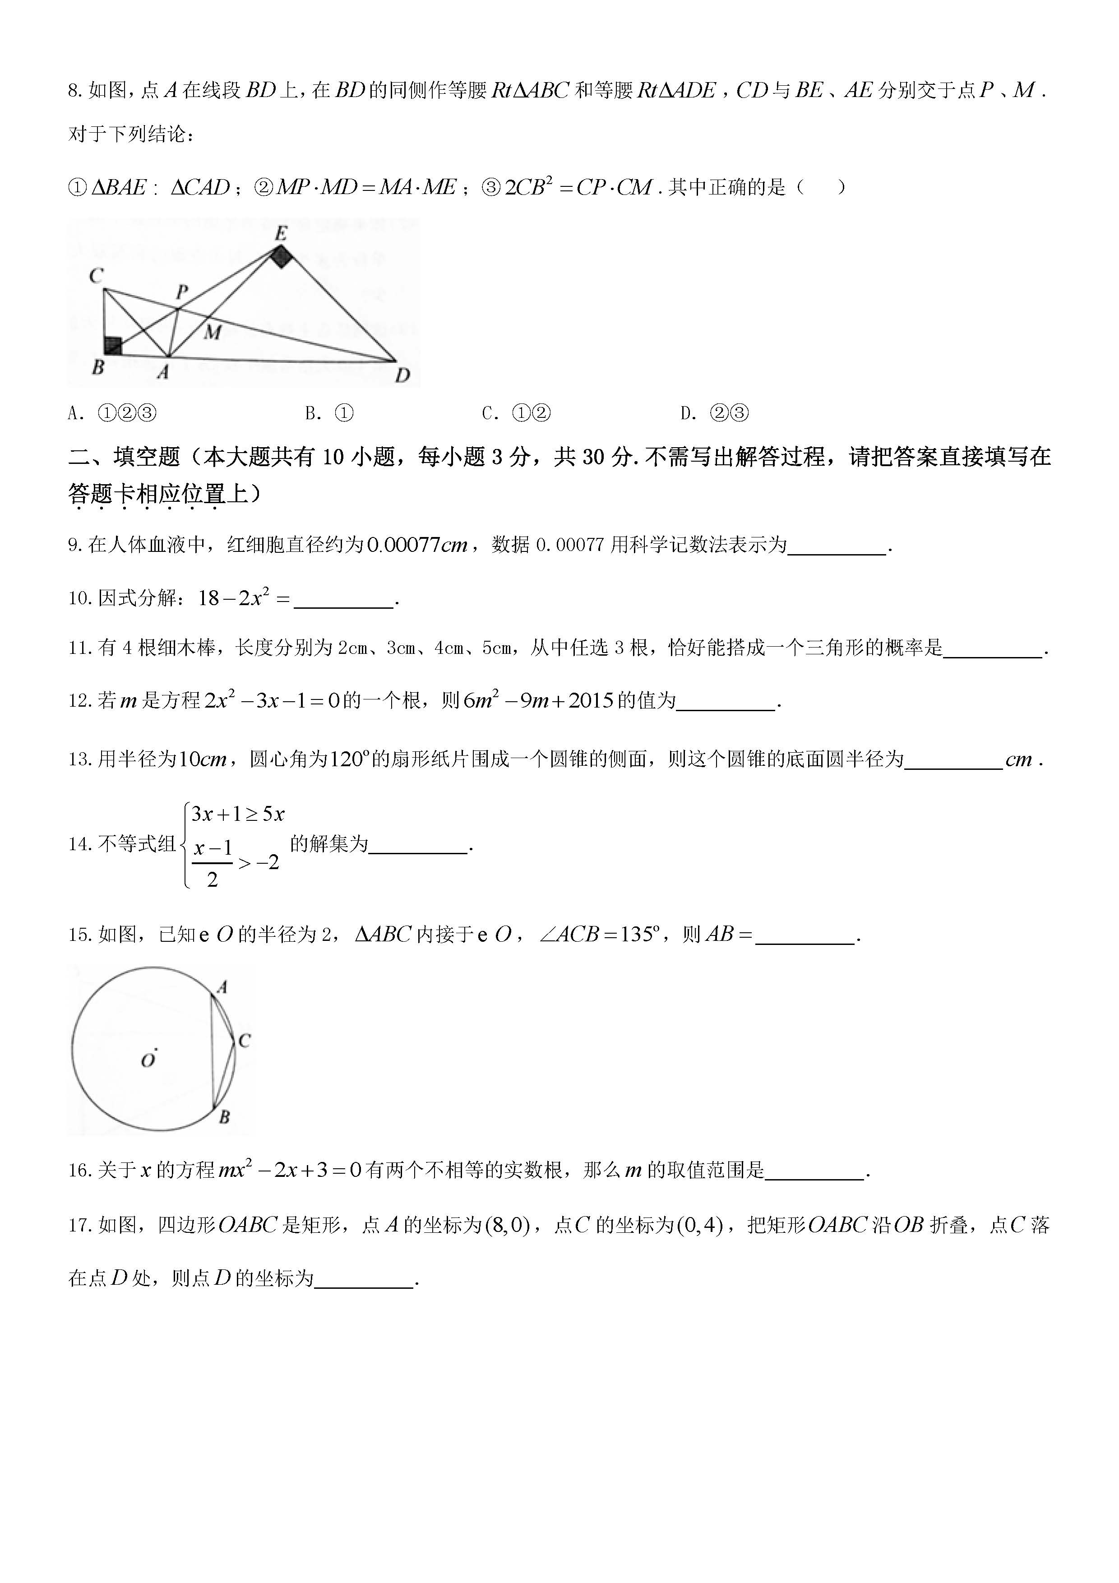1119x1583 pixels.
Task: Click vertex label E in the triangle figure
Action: tap(281, 233)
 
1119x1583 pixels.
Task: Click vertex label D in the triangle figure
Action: tap(402, 375)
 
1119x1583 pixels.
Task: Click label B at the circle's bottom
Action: tap(224, 1117)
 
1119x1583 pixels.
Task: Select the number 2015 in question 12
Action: tap(591, 701)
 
